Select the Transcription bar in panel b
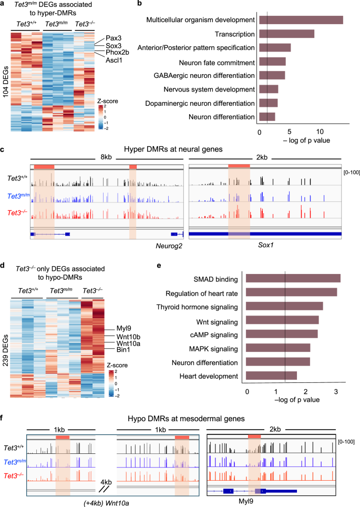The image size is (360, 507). (x=286, y=34)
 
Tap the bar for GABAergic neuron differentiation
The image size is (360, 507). (x=272, y=75)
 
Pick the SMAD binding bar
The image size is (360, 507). (x=293, y=278)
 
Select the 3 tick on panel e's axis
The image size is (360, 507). (x=336, y=392)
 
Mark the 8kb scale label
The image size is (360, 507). (x=107, y=157)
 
